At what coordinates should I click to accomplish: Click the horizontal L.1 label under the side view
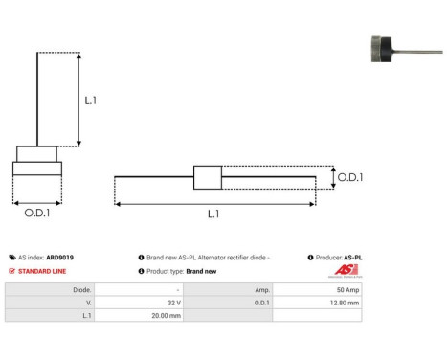[x=212, y=214]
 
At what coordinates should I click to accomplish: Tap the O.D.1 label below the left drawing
[x=37, y=213]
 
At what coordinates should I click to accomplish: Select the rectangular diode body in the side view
[x=208, y=177]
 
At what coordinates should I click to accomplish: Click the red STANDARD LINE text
[x=40, y=271]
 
